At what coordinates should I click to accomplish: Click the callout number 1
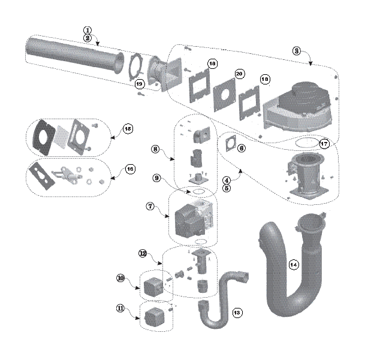88,29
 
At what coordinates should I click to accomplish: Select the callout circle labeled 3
296,51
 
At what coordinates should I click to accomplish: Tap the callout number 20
239,74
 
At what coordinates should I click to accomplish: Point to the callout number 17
324,144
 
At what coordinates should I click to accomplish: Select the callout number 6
242,147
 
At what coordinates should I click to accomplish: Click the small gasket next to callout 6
230,145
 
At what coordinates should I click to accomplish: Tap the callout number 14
294,265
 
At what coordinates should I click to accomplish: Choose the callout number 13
237,313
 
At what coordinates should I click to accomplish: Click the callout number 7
150,206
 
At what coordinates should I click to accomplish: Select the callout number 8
155,149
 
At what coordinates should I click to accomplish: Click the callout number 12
143,254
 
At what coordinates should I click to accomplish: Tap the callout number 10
120,278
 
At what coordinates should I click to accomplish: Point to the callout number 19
140,83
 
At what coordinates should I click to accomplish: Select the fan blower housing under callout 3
298,105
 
